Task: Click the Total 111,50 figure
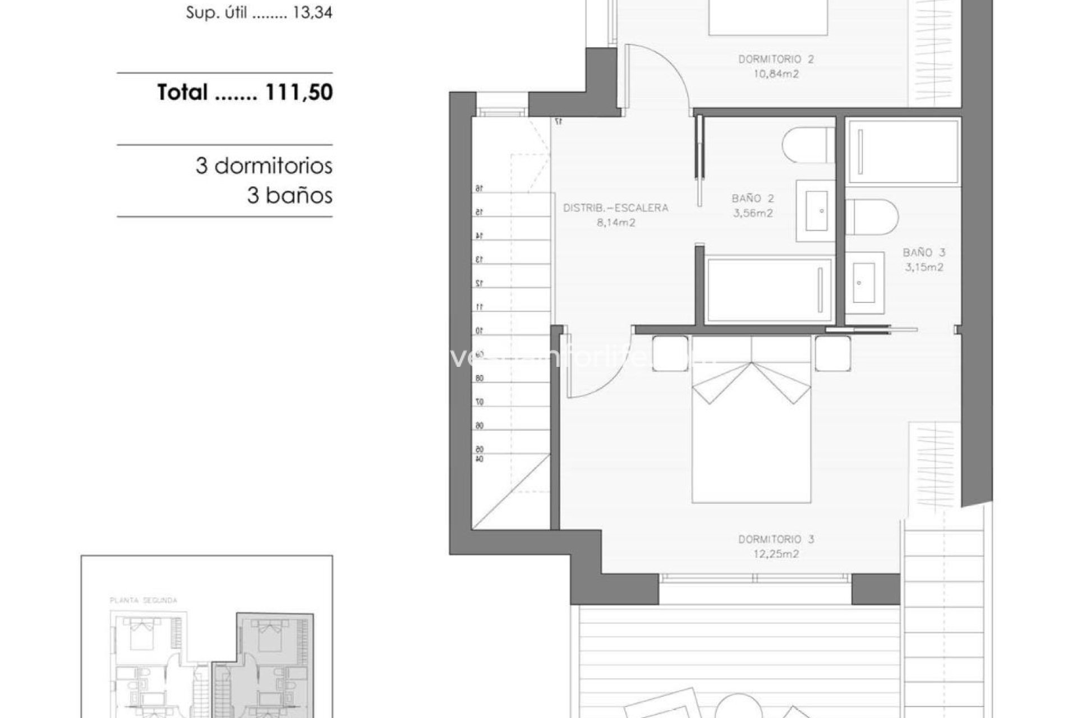(x=245, y=93)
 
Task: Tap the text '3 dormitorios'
(x=264, y=166)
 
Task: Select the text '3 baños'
(x=289, y=196)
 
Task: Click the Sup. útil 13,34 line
(x=259, y=13)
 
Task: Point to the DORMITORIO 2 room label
(x=776, y=59)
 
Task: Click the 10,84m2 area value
(x=776, y=74)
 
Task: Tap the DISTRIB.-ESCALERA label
(x=615, y=208)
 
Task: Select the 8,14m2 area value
(x=615, y=223)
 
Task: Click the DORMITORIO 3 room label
(x=776, y=540)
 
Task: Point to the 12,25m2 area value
(x=776, y=554)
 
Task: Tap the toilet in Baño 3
(x=871, y=217)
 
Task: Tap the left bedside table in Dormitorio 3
(x=670, y=353)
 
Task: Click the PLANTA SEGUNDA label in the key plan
(x=143, y=600)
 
